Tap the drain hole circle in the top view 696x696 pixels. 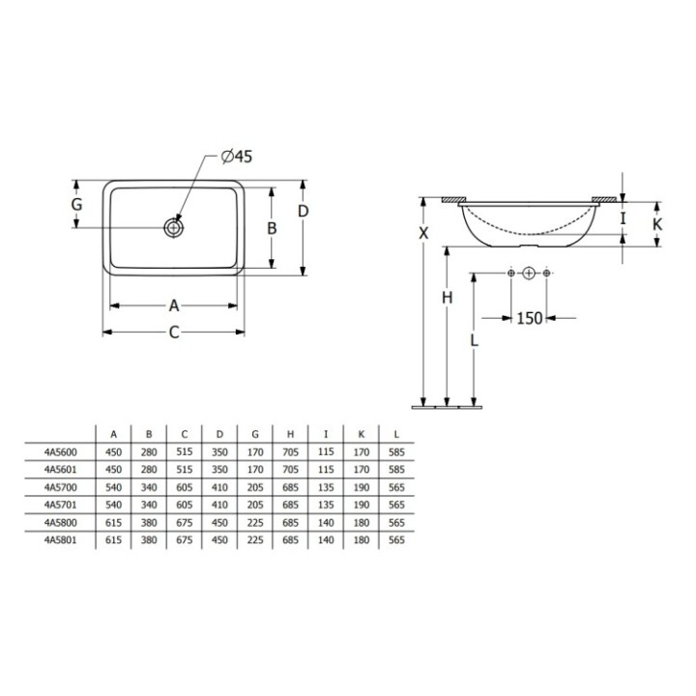click(x=174, y=228)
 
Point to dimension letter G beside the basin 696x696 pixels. click(x=75, y=205)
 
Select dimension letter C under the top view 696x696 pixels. click(x=174, y=333)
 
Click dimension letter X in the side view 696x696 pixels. click(x=421, y=233)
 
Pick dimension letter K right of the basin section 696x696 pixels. click(x=657, y=224)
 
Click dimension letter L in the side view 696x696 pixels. click(x=472, y=340)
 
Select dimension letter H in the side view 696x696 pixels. click(x=447, y=298)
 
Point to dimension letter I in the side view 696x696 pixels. click(x=623, y=218)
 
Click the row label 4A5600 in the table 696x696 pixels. click(x=61, y=451)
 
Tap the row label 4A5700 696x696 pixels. click(x=61, y=488)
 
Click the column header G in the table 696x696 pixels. click(x=255, y=433)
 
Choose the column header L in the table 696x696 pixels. click(x=396, y=433)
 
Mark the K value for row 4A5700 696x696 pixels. click(x=362, y=488)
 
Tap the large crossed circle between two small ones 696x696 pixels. click(x=528, y=275)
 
